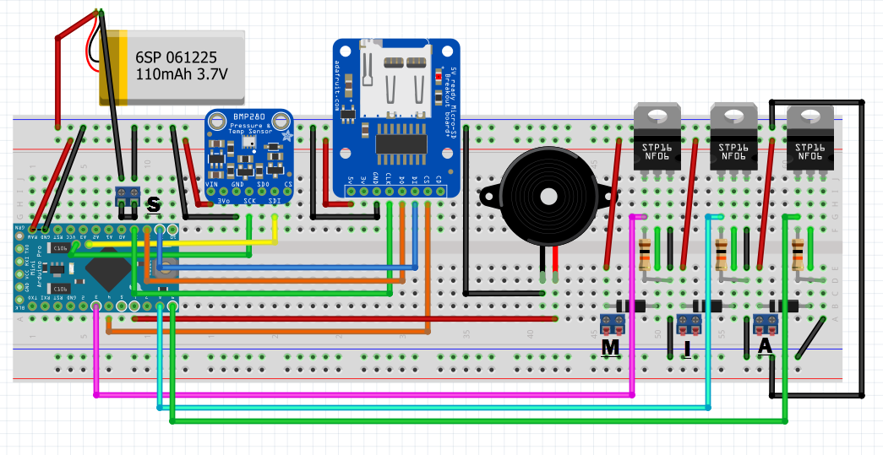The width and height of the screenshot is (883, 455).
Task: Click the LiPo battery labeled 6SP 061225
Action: [x=173, y=67]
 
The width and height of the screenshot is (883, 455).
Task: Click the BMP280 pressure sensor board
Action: [x=250, y=156]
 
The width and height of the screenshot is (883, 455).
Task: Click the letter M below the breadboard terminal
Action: [x=610, y=347]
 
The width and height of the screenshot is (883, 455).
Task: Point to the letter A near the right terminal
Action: [x=766, y=346]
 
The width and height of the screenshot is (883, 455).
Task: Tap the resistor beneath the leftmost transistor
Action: [x=646, y=254]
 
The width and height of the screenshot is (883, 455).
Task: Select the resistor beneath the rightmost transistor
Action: [x=798, y=254]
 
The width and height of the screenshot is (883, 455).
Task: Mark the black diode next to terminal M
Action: [x=631, y=306]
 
